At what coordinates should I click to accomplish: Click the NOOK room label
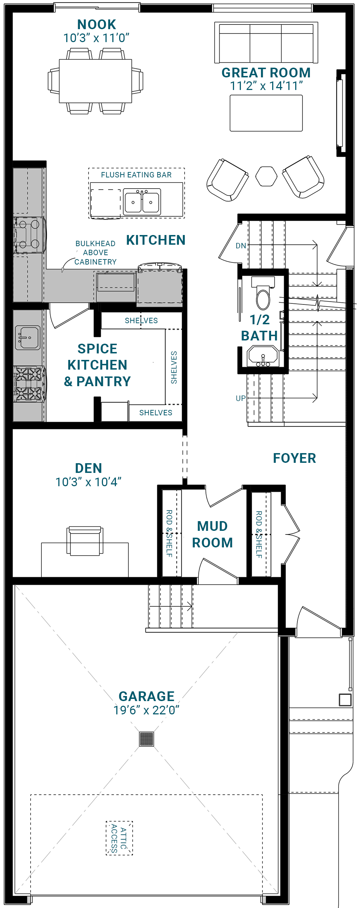[96, 24]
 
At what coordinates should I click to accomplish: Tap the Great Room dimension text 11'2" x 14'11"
[266, 86]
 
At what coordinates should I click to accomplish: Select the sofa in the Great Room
[266, 42]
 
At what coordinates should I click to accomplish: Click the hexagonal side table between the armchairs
[266, 176]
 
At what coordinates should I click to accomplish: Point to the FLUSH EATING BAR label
[136, 175]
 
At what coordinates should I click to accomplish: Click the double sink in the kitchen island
[142, 202]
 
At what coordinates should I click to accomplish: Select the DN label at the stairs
[241, 246]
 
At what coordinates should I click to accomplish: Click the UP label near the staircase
[240, 398]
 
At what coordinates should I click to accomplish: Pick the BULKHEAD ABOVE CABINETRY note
[95, 253]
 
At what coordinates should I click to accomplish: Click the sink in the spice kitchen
[28, 338]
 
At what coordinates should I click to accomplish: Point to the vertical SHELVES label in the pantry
[174, 367]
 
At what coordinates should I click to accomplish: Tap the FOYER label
[294, 458]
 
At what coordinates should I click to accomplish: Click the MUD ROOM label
[212, 534]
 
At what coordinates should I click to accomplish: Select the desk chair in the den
[85, 541]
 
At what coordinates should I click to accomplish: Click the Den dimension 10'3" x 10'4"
[89, 482]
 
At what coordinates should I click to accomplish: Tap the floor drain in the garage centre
[147, 739]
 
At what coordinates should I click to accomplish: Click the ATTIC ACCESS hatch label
[119, 838]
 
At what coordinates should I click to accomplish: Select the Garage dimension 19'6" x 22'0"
[146, 710]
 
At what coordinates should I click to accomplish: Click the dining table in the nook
[95, 81]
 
